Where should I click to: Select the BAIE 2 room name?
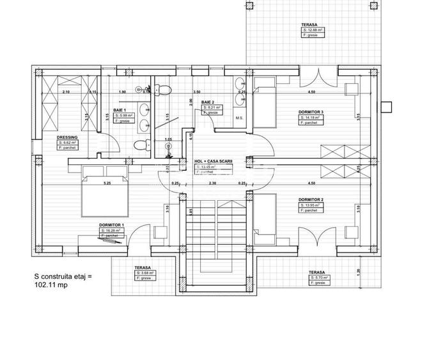(207, 102)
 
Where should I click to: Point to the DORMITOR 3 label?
(311, 112)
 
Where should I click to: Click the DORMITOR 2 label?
(311, 200)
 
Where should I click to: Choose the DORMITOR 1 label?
(111, 225)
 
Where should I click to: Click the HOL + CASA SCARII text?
(213, 161)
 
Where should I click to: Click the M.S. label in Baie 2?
(239, 118)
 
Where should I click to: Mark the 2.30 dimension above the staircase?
(213, 184)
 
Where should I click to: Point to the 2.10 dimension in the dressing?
(66, 92)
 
